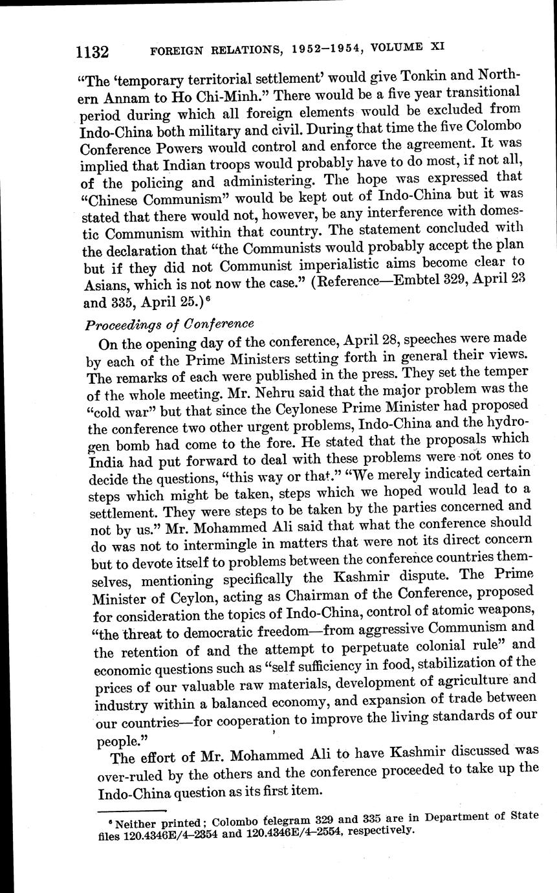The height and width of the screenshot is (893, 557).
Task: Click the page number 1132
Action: (x=91, y=51)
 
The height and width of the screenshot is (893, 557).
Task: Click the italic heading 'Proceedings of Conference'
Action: (x=169, y=323)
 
